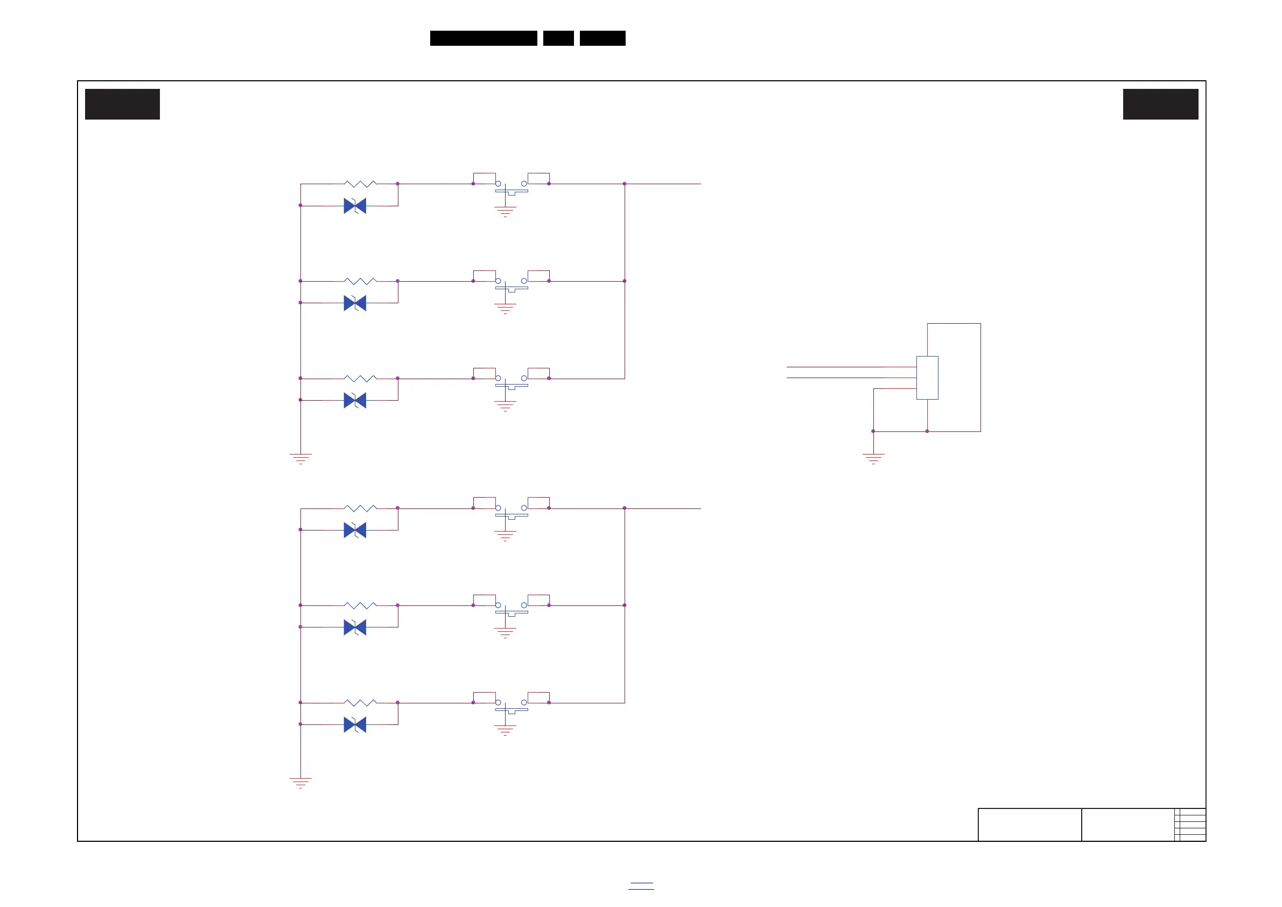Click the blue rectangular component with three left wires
[x=927, y=378]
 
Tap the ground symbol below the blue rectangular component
[x=873, y=458]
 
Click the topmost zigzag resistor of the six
[x=360, y=184]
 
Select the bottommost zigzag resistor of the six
[x=360, y=702]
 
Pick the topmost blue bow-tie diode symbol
[x=355, y=206]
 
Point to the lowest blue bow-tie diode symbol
[x=355, y=725]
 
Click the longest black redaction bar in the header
[x=484, y=38]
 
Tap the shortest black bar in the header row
[x=558, y=38]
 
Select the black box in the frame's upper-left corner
[x=122, y=104]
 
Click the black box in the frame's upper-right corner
[x=1160, y=104]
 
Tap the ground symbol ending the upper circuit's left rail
[x=300, y=458]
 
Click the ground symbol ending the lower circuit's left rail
[x=300, y=783]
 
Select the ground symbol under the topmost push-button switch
[x=506, y=212]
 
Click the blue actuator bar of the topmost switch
[x=512, y=191]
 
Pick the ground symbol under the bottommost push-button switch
[x=506, y=730]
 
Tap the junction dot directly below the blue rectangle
[x=927, y=431]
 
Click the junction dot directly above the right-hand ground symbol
[x=873, y=431]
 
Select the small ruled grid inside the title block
[x=1190, y=825]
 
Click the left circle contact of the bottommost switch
[x=498, y=702]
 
